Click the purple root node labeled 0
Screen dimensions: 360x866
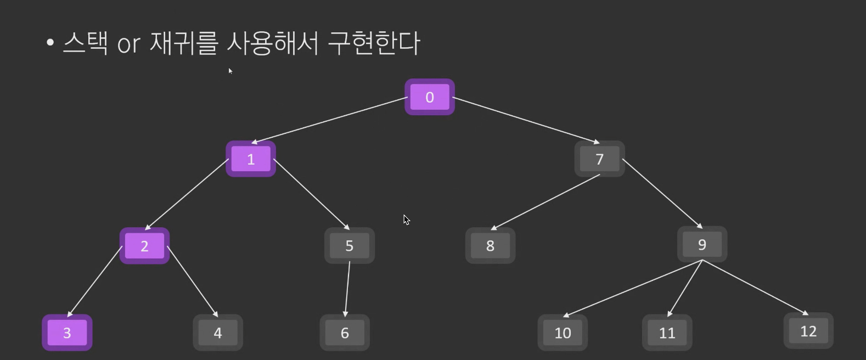click(429, 97)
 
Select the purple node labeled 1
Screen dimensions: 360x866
click(251, 159)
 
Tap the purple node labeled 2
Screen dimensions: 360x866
click(144, 245)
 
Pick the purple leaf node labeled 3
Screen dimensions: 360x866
click(67, 333)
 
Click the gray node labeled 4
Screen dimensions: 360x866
click(218, 333)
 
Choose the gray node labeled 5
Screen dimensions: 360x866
click(349, 245)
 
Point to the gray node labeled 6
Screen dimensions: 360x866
click(345, 333)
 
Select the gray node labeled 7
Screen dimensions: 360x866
click(599, 159)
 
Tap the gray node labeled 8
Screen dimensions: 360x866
click(490, 245)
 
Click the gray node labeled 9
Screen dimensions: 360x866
click(702, 244)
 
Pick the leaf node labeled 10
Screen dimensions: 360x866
click(563, 333)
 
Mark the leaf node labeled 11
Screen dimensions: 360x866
click(667, 333)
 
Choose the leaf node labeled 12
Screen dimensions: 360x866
click(808, 331)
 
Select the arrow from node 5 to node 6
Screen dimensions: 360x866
click(347, 289)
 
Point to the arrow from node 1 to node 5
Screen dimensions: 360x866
click(311, 194)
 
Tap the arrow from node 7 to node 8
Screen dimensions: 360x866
click(546, 201)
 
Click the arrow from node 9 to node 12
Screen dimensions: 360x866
click(755, 287)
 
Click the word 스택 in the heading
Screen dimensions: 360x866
click(85, 43)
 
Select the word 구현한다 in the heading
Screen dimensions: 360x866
click(374, 43)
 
